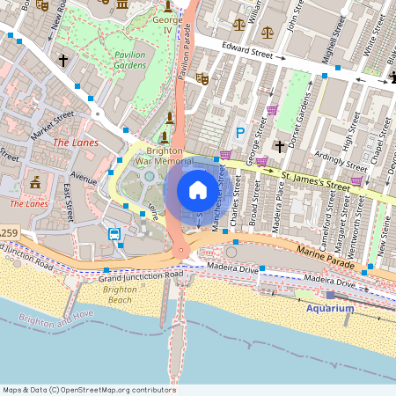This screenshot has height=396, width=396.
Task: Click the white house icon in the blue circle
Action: [197, 190]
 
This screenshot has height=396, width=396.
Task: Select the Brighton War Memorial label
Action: [164, 155]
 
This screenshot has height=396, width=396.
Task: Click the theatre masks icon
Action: [202, 77]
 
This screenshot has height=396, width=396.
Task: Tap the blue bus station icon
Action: [114, 234]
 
